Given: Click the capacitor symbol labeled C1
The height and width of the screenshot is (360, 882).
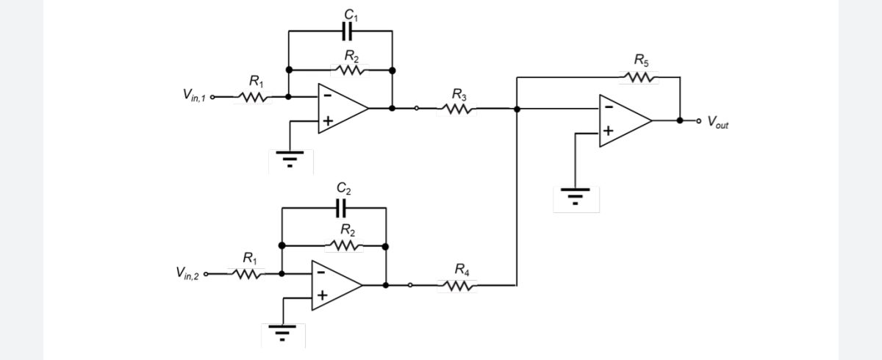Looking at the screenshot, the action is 347,31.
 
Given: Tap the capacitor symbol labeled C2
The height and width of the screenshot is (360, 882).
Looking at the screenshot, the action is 341,208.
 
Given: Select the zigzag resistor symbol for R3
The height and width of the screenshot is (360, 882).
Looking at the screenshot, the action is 456,109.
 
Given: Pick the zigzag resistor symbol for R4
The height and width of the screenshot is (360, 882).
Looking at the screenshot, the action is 457,286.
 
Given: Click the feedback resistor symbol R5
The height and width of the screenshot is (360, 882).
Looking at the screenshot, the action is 639,77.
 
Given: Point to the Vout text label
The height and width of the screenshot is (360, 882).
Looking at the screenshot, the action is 718,122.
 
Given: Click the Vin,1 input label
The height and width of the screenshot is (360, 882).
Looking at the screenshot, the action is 194,95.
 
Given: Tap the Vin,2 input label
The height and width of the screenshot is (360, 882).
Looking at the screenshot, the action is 187,273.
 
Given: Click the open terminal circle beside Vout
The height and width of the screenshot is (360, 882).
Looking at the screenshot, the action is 698,120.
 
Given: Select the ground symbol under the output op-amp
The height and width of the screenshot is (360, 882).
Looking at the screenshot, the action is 576,196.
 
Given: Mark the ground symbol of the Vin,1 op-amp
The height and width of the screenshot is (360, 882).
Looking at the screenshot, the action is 290,159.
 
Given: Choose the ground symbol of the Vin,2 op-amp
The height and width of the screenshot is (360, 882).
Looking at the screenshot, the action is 282,333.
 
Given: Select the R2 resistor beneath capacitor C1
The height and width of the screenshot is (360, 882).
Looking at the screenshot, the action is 350,71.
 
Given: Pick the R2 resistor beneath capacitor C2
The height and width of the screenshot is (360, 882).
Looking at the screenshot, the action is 344,246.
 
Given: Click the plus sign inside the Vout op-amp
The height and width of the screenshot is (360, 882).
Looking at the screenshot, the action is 609,131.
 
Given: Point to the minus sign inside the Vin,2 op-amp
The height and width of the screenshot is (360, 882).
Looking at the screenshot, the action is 321,272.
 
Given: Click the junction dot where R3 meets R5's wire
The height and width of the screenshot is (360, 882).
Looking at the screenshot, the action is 517,109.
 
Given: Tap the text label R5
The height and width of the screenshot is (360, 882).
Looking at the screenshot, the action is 642,60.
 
